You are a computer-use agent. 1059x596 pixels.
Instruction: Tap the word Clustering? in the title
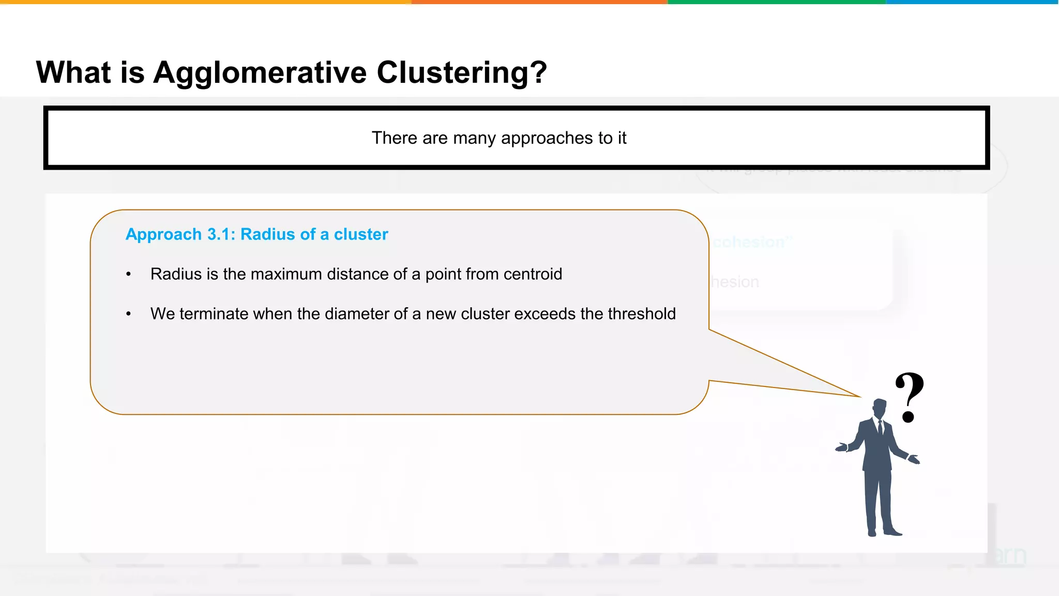pyautogui.click(x=461, y=72)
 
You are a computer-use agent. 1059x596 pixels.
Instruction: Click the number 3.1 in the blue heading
pyautogui.click(x=221, y=234)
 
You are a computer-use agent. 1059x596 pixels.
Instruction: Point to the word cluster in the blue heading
pyautogui.click(x=360, y=234)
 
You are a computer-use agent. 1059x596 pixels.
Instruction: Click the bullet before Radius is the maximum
pyautogui.click(x=129, y=275)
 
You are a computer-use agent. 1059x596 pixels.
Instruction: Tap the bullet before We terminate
pyautogui.click(x=129, y=314)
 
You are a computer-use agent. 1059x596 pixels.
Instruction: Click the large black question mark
pyautogui.click(x=909, y=396)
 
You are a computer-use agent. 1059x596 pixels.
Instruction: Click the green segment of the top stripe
pyautogui.click(x=776, y=2)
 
